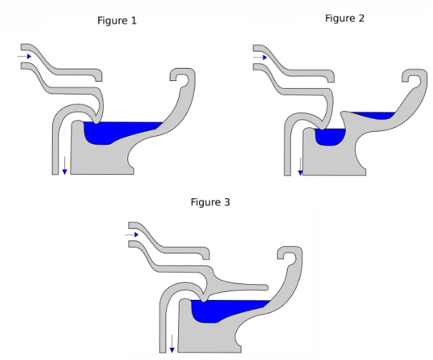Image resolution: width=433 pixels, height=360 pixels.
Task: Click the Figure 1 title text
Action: pyautogui.click(x=117, y=21)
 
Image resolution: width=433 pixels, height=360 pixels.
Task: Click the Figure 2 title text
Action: pyautogui.click(x=344, y=19)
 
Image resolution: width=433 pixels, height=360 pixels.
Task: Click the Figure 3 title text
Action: pyautogui.click(x=210, y=203)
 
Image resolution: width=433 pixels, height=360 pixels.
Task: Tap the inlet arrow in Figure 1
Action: pyautogui.click(x=25, y=56)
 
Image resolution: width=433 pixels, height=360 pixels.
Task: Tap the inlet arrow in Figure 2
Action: pyautogui.click(x=261, y=56)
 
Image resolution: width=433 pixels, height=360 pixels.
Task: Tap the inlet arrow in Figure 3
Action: pyautogui.click(x=132, y=234)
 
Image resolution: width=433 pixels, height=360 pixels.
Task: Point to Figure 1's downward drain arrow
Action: pyautogui.click(x=64, y=165)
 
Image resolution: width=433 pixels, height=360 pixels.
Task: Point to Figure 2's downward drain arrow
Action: pyautogui.click(x=300, y=166)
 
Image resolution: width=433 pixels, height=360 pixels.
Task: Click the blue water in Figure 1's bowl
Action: pyautogui.click(x=115, y=132)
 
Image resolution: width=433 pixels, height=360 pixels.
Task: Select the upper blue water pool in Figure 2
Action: pyautogui.click(x=372, y=115)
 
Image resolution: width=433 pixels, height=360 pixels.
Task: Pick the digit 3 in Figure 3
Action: pyautogui.click(x=227, y=203)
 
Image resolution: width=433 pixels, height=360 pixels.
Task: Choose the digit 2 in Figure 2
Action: pyautogui.click(x=361, y=19)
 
